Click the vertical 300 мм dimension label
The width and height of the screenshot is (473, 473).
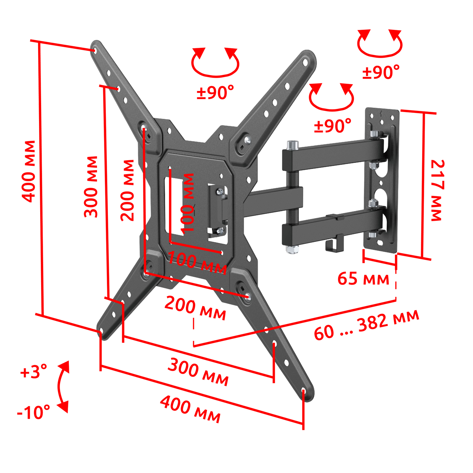91,187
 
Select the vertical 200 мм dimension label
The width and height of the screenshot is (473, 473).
127,190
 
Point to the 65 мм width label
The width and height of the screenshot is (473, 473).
363,279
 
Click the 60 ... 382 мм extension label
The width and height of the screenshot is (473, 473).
367,325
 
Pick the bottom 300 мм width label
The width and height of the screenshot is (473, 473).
198,372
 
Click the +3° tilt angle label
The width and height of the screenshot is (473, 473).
33,371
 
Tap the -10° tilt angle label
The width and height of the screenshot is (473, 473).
33,412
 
